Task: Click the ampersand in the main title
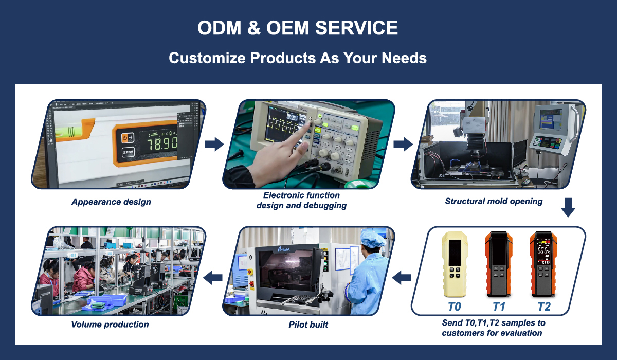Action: click(254, 28)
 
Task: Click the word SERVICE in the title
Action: click(356, 28)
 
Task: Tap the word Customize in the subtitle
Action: click(207, 58)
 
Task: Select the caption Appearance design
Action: click(111, 202)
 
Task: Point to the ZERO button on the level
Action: click(128, 152)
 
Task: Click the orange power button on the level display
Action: click(125, 138)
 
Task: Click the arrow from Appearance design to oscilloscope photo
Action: click(214, 144)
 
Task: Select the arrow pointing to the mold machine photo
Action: click(403, 144)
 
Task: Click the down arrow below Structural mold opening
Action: click(568, 207)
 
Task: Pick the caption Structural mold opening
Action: click(494, 202)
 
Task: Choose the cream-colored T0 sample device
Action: click(455, 264)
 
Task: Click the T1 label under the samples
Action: click(499, 307)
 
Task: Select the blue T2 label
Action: click(544, 307)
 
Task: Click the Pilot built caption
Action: click(308, 325)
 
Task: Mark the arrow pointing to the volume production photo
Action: click(213, 277)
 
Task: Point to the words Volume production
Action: click(110, 325)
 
